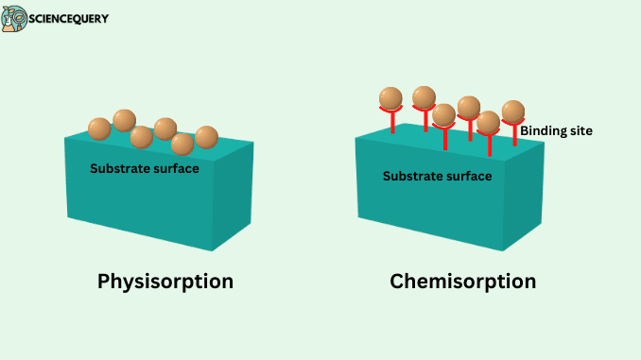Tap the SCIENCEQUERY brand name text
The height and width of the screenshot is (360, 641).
(x=68, y=18)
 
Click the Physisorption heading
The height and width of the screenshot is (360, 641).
(x=165, y=282)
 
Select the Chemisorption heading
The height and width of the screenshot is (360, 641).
(x=463, y=282)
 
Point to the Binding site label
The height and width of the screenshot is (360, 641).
(x=557, y=130)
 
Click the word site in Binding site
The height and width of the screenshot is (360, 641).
(x=579, y=130)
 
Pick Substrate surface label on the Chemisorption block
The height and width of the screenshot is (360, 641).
(x=437, y=176)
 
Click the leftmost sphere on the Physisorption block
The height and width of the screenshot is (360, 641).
(x=99, y=129)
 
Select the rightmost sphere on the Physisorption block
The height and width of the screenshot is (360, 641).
(x=207, y=137)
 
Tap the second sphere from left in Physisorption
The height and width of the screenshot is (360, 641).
(x=124, y=120)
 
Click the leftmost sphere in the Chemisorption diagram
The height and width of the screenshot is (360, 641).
(x=390, y=98)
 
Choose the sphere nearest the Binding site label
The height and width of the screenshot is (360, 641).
(x=513, y=111)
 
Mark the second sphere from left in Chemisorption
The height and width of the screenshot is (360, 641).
(x=424, y=97)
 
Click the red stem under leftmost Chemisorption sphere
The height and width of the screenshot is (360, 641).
(x=391, y=124)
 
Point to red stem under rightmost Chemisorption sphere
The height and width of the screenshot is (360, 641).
(x=514, y=135)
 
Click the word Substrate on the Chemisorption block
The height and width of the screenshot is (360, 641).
(x=412, y=176)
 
